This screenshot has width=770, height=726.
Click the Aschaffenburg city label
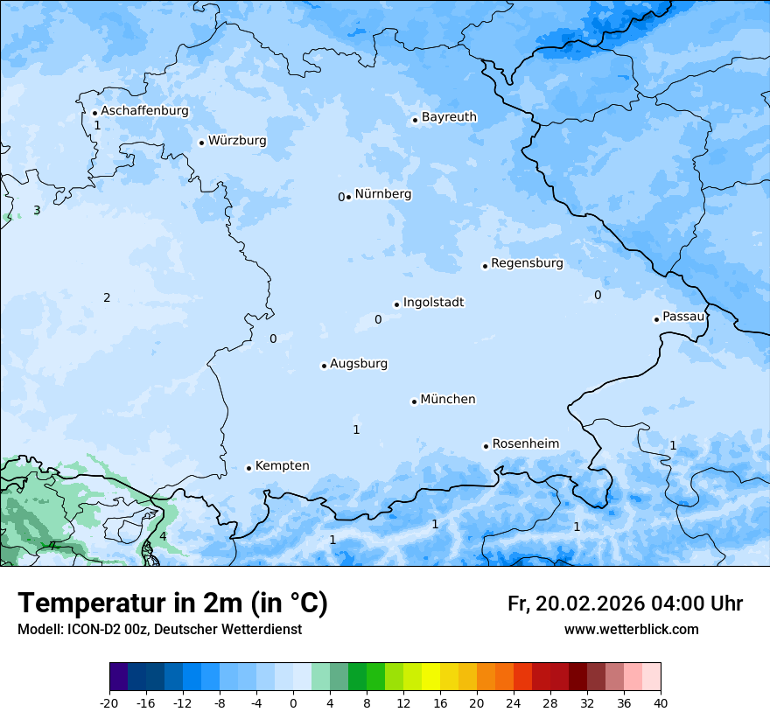144,111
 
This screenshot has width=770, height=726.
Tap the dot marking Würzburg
201,143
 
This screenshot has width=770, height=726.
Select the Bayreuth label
449,117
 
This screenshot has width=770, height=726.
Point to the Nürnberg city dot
348,197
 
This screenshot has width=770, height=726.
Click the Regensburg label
527,263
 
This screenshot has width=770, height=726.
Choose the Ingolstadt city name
433,303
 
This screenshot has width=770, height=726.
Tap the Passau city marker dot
656,319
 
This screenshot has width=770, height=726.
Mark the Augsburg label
358,364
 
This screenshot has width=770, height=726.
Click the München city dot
414,401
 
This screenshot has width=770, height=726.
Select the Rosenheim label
525,444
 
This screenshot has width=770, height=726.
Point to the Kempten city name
282,466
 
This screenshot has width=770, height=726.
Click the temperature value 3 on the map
37,210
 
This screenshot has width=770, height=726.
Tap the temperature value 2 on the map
107,297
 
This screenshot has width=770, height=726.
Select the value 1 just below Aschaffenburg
97,125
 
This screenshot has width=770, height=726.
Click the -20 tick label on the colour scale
109,702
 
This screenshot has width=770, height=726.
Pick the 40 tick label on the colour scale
661,702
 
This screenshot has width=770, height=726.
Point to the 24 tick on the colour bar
514,702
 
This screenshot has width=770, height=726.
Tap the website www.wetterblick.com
631,629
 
